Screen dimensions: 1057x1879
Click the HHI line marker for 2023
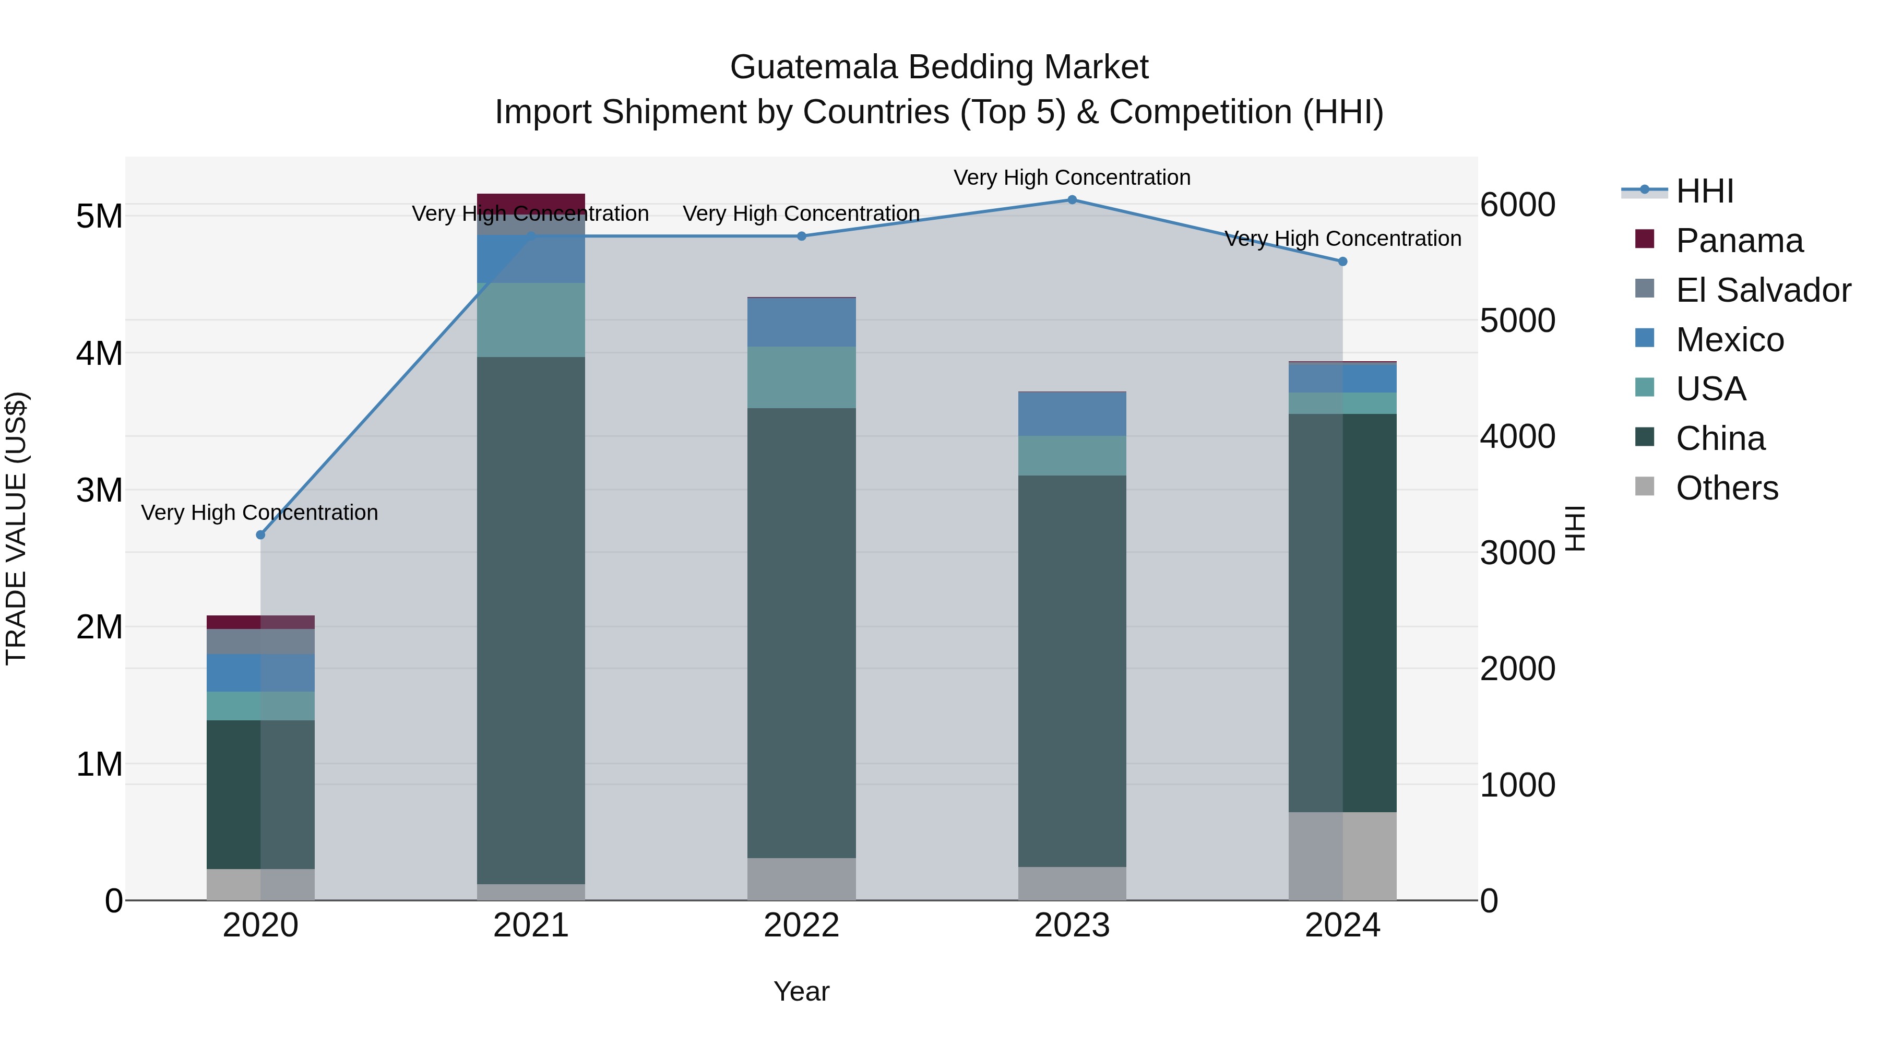click(1072, 200)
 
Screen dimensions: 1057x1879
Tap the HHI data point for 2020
click(260, 535)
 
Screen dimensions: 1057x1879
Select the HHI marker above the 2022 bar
click(801, 236)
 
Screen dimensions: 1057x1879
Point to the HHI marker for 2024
click(1342, 261)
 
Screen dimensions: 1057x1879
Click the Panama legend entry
click(1739, 241)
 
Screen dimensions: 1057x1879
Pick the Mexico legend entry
click(1730, 340)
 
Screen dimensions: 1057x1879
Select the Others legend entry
click(1727, 488)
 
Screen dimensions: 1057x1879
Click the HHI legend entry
click(1704, 191)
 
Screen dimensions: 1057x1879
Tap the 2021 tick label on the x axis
click(531, 925)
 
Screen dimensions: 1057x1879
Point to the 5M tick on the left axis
click(99, 216)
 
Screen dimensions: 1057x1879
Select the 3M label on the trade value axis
click(99, 490)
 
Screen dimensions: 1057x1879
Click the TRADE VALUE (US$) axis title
click(16, 528)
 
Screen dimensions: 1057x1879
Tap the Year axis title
click(801, 991)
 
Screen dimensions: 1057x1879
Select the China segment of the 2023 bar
click(1072, 671)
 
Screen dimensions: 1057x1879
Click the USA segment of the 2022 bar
click(801, 377)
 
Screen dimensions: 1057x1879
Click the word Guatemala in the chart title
click(813, 67)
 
